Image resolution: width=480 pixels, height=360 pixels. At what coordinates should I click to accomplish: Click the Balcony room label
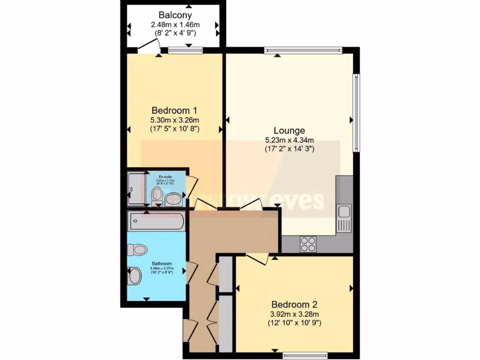point(174,15)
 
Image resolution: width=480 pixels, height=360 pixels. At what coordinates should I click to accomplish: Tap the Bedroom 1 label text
point(174,111)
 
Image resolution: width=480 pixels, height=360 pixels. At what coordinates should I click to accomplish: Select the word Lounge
point(289,131)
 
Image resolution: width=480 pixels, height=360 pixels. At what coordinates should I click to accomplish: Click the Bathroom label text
point(161,263)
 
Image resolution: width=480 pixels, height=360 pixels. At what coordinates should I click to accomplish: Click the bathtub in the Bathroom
point(157,220)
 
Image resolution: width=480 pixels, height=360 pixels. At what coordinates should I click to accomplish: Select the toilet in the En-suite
point(157,195)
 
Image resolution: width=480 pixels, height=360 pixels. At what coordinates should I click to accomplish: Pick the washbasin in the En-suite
point(174,199)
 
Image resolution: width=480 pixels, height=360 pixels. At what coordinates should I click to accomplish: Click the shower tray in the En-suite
point(136,189)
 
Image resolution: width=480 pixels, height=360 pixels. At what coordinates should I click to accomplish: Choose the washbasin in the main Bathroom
point(135,276)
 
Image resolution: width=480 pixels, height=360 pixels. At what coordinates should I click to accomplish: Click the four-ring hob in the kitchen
point(308,244)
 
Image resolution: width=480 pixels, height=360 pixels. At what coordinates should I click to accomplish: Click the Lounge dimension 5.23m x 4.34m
point(289,140)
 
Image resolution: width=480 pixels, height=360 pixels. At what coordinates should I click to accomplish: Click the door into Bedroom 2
point(257,258)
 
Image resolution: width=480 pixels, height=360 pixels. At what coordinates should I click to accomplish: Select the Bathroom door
point(191,272)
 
